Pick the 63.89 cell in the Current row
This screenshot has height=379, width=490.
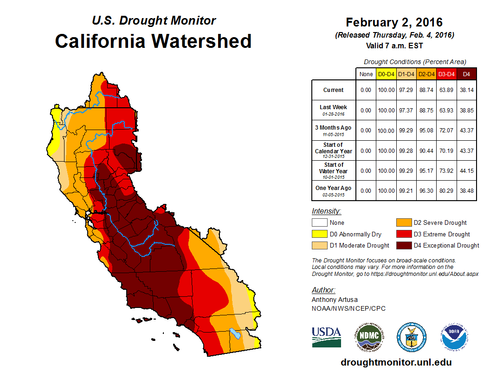pos(446,90)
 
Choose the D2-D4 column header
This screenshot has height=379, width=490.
pos(426,74)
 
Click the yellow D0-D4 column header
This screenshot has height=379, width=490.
pos(386,74)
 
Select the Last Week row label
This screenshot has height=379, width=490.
pos(334,110)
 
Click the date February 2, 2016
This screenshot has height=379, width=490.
pos(394,22)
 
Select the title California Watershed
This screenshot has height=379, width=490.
pos(153,41)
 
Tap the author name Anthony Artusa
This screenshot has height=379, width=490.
pos(335,300)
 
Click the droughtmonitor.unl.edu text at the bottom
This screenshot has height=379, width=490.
pos(396,362)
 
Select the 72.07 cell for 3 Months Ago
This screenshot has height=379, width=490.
pos(446,131)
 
